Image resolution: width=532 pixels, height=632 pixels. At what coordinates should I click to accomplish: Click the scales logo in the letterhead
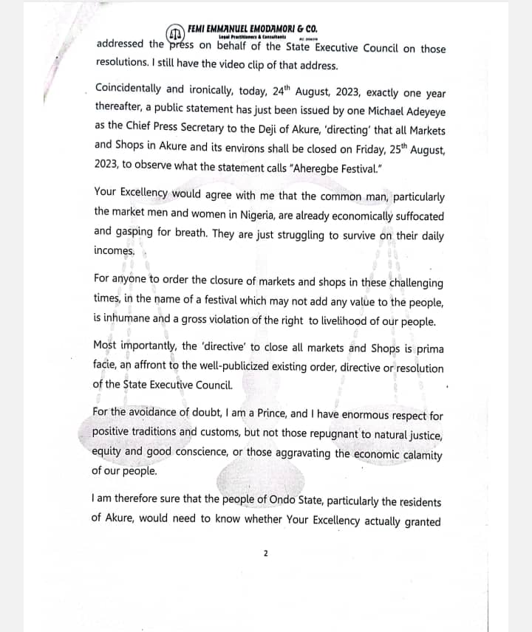(174, 34)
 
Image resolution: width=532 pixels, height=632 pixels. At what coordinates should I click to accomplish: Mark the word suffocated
(412, 216)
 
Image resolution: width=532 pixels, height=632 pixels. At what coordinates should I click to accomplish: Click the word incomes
(115, 251)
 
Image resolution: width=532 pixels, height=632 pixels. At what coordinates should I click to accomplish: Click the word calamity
(419, 454)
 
